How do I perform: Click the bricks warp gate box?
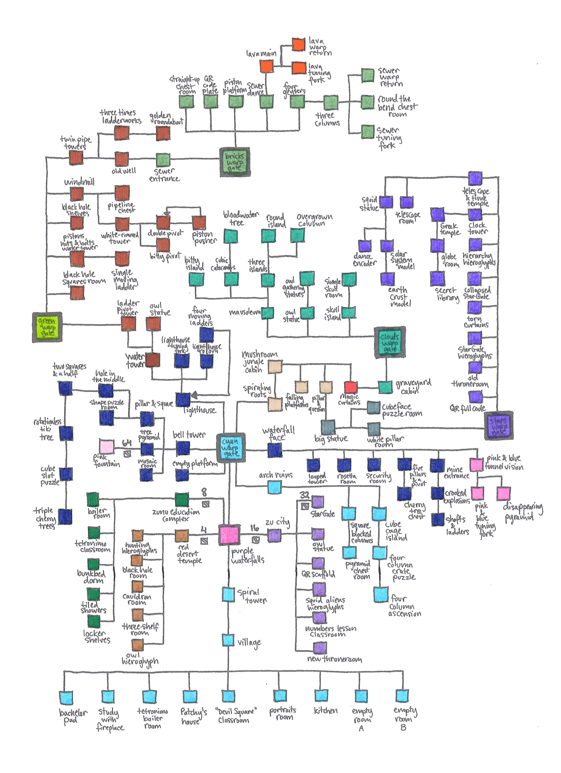pos(234,162)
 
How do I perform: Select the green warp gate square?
pos(47,327)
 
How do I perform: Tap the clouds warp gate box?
pos(389,342)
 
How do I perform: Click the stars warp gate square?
pos(498,426)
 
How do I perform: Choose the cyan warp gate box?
pos(231,448)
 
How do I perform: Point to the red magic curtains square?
pos(350,387)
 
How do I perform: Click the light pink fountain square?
pos(107,447)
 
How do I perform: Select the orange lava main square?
pos(266,66)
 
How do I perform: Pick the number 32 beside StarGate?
pos(304,495)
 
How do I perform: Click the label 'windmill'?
pos(79,182)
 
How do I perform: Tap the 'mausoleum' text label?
pos(245,312)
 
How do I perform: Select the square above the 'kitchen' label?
pos(321,695)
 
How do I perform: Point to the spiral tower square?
pos(228,594)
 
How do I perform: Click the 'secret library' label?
pos(446,294)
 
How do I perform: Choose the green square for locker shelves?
pos(93,622)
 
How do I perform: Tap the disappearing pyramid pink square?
pos(503,493)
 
